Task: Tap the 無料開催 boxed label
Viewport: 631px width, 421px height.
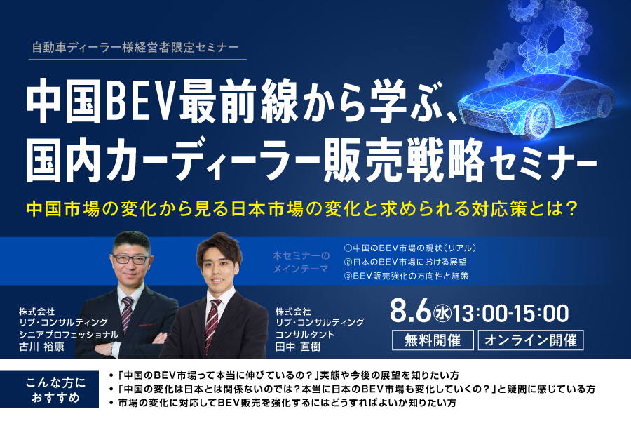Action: [x=433, y=340]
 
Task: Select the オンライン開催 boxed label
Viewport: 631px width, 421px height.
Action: [x=531, y=340]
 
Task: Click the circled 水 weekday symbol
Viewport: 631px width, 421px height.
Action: [x=442, y=314]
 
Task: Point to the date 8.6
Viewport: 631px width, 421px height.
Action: [x=410, y=313]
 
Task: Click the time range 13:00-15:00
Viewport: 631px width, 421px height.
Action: [x=510, y=314]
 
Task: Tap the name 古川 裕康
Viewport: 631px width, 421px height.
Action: [x=41, y=347]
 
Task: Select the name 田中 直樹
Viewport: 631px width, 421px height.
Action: [x=298, y=347]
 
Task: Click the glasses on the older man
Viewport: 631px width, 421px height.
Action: [x=131, y=259]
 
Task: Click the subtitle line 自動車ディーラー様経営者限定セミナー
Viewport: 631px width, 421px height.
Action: [x=135, y=48]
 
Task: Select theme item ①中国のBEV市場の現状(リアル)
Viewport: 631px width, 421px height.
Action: [x=410, y=248]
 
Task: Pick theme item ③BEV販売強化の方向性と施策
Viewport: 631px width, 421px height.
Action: [x=407, y=276]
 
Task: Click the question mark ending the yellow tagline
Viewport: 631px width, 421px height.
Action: [x=570, y=208]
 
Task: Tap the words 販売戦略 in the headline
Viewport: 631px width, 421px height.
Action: [x=404, y=159]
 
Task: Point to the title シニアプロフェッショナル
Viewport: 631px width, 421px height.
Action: [x=69, y=335]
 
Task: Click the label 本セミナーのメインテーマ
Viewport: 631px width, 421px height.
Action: [x=301, y=262]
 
